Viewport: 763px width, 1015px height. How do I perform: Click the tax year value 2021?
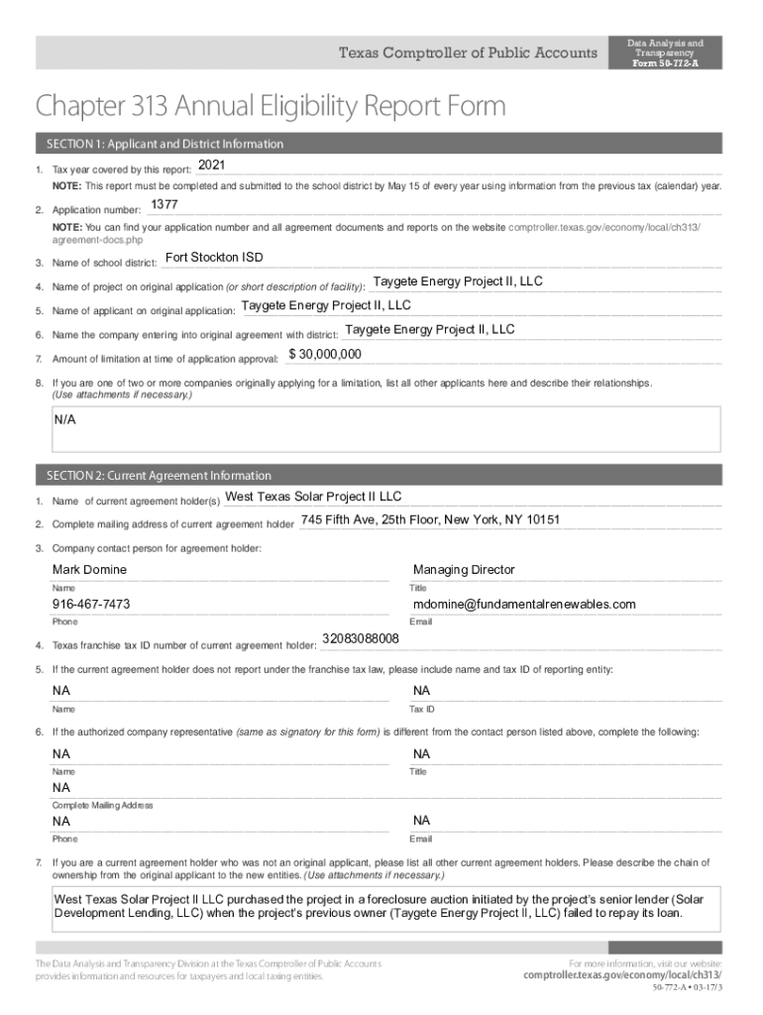click(x=212, y=164)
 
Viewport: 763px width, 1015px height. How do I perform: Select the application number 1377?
click(x=163, y=205)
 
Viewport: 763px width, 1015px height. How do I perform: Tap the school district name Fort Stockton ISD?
click(x=214, y=258)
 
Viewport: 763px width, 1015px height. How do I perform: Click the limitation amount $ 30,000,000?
click(x=325, y=354)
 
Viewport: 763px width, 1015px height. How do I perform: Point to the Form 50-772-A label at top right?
click(x=666, y=62)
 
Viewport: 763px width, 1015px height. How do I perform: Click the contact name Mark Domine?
click(x=89, y=570)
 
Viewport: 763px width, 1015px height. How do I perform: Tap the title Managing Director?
click(x=464, y=570)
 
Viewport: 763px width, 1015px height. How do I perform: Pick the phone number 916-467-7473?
click(x=91, y=605)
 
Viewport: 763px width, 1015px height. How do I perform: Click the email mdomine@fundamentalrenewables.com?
click(x=524, y=605)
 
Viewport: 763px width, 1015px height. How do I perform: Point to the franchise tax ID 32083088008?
click(x=361, y=638)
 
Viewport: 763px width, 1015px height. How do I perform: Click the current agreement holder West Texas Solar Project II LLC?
click(x=313, y=497)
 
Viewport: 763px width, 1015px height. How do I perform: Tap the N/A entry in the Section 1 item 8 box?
click(x=65, y=420)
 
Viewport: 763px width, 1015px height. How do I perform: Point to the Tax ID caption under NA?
click(x=422, y=710)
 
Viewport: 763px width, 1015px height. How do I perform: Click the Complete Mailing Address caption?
click(x=102, y=805)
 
